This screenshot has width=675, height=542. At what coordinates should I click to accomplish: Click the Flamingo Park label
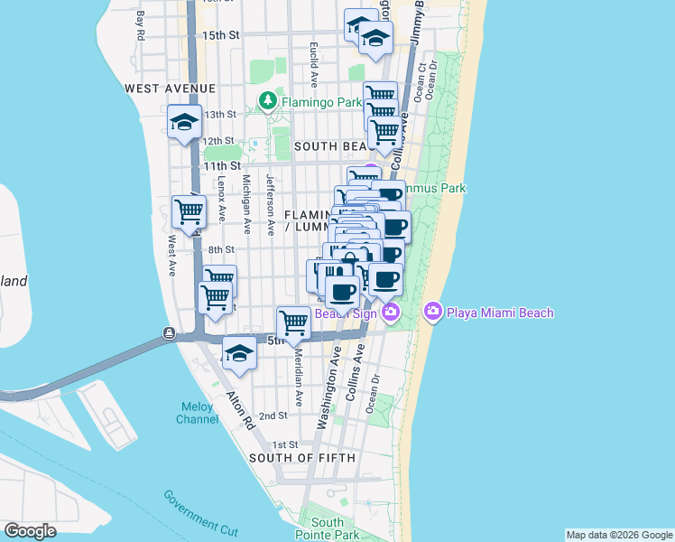(x=311, y=102)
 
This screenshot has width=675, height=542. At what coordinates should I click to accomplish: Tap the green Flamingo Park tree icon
(x=268, y=100)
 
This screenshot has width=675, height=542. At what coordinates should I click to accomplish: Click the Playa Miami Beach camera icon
(x=432, y=312)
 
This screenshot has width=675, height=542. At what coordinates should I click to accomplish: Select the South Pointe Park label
(x=327, y=528)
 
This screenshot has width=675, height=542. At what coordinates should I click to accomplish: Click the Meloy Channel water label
(x=196, y=413)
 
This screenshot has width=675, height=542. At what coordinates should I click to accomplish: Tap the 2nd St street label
(x=273, y=416)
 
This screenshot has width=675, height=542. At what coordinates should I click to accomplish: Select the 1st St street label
(x=285, y=444)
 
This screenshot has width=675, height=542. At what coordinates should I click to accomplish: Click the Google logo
(x=30, y=531)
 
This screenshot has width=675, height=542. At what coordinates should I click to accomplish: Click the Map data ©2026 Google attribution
(x=619, y=535)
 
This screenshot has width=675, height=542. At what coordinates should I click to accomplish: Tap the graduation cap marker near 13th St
(x=184, y=123)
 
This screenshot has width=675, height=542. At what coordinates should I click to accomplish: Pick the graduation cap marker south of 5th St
(x=239, y=353)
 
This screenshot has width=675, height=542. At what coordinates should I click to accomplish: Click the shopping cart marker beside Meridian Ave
(x=294, y=322)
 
